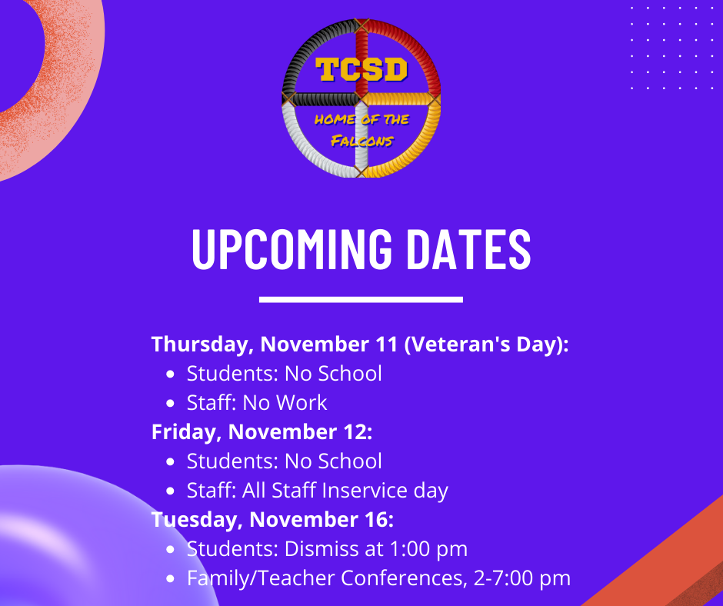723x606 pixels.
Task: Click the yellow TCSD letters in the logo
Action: pos(362,70)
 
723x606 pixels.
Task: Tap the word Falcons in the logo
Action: pos(362,140)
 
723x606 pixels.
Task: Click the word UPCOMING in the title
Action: pos(292,249)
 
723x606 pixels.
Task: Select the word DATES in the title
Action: pos(469,249)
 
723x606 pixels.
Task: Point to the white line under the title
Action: pos(361,300)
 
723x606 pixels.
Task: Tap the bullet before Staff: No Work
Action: pos(170,404)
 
